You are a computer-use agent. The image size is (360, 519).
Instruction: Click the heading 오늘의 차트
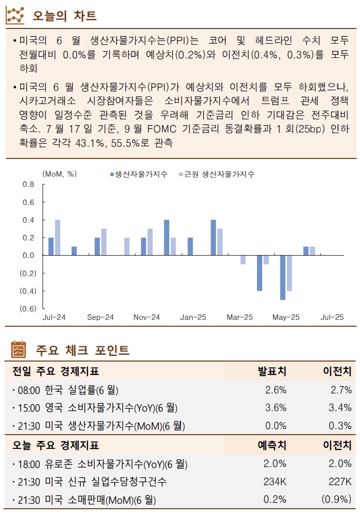point(64,16)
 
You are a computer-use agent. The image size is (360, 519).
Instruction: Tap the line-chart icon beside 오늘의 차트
point(16,16)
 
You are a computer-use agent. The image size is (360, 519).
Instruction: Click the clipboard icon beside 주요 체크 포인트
point(18,350)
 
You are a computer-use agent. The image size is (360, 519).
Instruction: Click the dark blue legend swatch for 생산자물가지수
point(112,174)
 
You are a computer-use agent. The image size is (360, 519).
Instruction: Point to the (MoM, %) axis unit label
point(60,174)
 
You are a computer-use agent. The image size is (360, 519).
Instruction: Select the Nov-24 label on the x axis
point(147,317)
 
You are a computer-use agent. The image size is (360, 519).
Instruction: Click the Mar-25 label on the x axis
point(239,317)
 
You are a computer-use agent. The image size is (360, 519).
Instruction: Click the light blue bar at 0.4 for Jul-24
point(57,237)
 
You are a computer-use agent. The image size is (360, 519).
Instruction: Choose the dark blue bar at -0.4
point(259,273)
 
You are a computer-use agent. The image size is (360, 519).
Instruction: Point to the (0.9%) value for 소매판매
point(336,500)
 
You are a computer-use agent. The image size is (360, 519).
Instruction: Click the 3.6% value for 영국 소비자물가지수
point(276,408)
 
